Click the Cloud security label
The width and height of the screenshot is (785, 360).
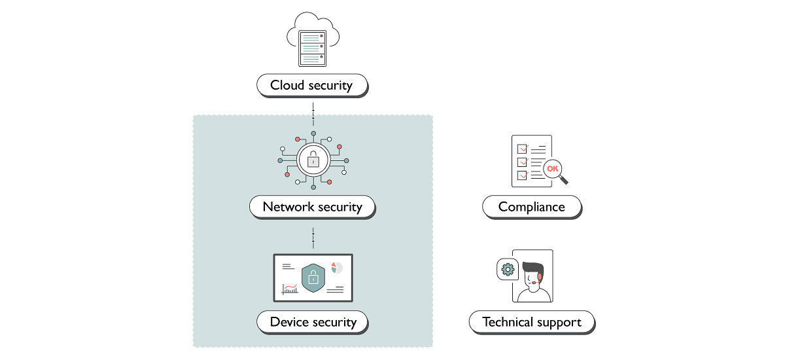coord(311,85)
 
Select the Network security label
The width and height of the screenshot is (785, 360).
coord(312,207)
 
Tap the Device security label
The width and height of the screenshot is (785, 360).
coord(313,321)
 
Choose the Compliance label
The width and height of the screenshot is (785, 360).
coord(531,207)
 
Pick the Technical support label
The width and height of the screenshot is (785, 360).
coord(531,322)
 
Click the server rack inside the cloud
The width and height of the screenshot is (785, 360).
coord(313,48)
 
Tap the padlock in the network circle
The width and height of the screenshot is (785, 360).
coord(313,160)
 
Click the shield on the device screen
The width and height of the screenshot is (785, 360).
coord(313,278)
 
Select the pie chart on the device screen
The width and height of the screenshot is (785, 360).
coord(336,268)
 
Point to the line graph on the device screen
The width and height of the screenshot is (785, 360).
coord(290,288)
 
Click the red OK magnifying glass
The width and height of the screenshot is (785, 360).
coord(553,169)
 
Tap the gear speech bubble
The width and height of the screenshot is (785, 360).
coord(508,269)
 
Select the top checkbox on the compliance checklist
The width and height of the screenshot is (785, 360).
coord(522,148)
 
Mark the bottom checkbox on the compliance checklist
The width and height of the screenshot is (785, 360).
coord(522,175)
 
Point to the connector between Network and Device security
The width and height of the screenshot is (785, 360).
coord(313,237)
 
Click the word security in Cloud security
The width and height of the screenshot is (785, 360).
coord(329,85)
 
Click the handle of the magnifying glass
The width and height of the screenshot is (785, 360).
coord(564,180)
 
